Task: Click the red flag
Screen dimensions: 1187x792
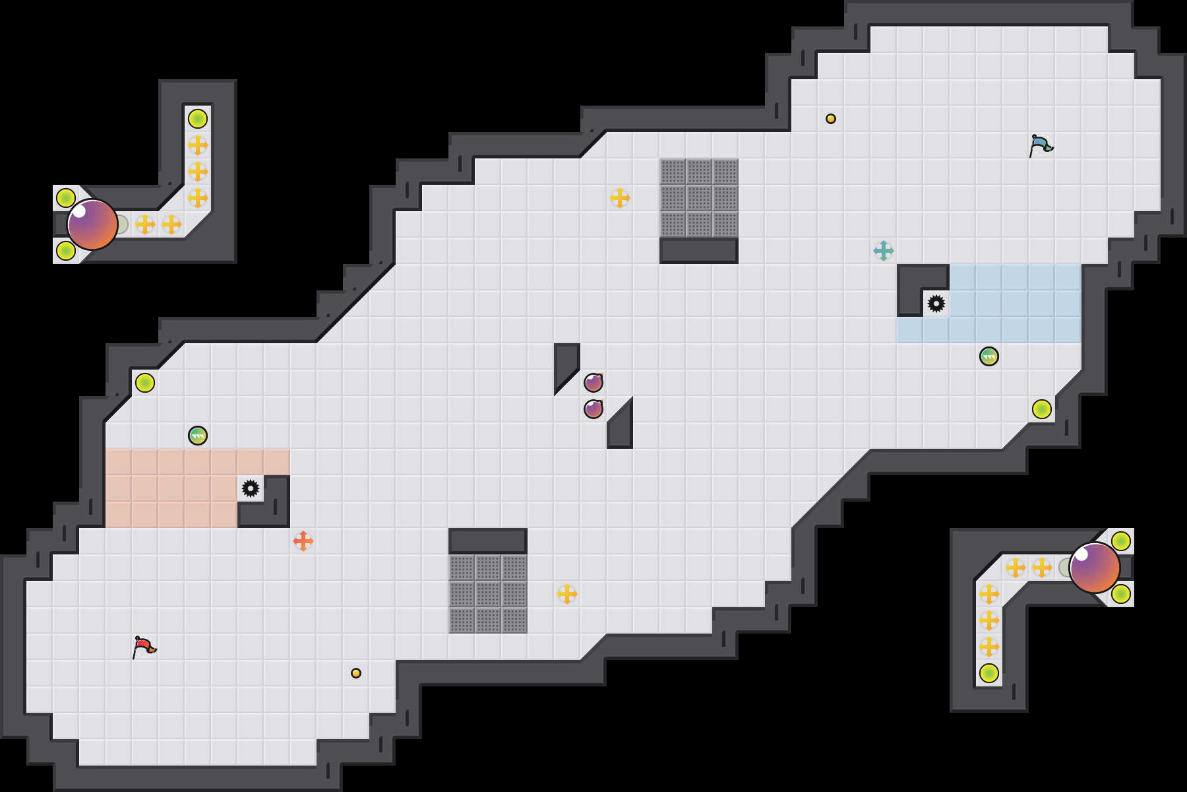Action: (x=143, y=646)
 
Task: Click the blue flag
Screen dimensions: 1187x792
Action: (x=1040, y=145)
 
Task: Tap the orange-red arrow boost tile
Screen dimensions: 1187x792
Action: (x=303, y=541)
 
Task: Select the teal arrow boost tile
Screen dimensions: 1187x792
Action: (x=884, y=251)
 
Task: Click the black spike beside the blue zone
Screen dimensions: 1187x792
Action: (x=936, y=304)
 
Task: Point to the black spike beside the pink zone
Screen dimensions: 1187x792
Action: (x=251, y=488)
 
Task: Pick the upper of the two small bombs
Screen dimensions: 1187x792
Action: (x=593, y=382)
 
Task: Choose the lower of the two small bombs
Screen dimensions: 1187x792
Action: (x=593, y=409)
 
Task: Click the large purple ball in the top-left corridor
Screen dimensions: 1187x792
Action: (x=92, y=224)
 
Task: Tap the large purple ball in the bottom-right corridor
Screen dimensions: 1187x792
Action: (x=1095, y=568)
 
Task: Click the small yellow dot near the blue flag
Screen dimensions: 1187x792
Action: (x=831, y=119)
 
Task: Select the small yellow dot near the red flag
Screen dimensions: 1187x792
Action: (x=356, y=673)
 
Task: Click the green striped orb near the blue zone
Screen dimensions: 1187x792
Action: (x=989, y=356)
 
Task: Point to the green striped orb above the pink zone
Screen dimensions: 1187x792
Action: (x=198, y=436)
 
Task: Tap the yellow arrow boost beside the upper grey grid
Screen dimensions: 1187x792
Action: (x=620, y=198)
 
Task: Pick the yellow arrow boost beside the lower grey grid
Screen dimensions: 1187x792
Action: (x=567, y=594)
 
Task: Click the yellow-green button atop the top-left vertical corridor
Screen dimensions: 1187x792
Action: (x=198, y=119)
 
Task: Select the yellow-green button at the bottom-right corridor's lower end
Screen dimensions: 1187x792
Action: (x=989, y=673)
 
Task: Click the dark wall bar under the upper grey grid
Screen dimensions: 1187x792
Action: (x=699, y=251)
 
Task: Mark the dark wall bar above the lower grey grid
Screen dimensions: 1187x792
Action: (x=488, y=541)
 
